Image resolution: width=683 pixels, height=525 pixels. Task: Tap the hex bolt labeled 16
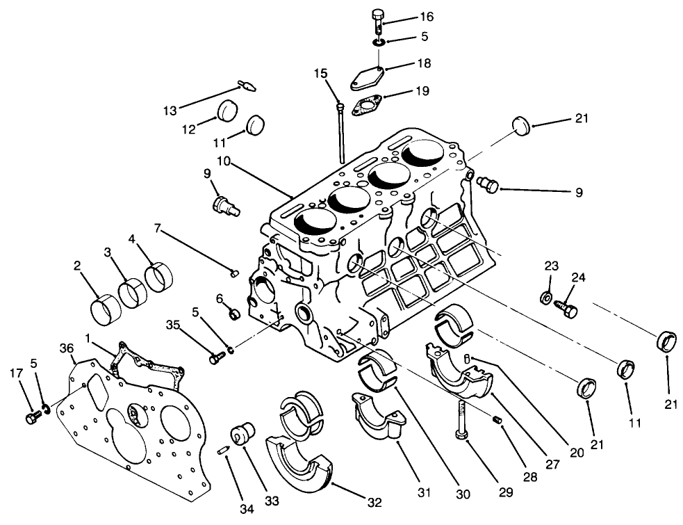[x=378, y=21]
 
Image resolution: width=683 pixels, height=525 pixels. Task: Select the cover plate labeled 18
[x=365, y=77]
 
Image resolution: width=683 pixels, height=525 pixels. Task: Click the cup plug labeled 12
[x=228, y=111]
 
